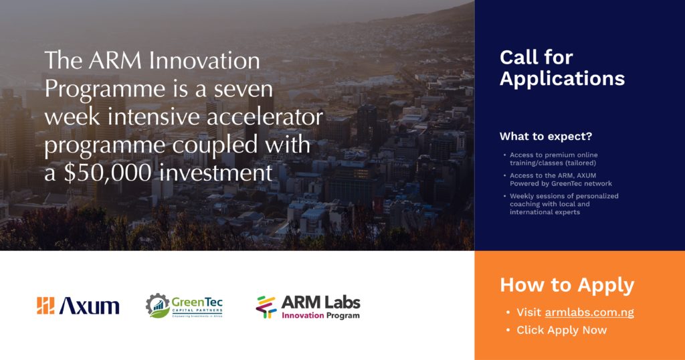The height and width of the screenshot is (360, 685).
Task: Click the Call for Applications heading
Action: pyautogui.click(x=562, y=68)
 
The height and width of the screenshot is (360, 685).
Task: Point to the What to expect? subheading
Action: pyautogui.click(x=546, y=137)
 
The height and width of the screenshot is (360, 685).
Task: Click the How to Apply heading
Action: pyautogui.click(x=567, y=285)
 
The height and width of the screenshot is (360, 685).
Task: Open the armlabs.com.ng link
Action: pyautogui.click(x=589, y=312)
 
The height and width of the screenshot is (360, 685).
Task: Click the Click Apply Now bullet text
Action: pyautogui.click(x=562, y=331)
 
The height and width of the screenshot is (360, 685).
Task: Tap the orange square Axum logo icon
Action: pyautogui.click(x=45, y=306)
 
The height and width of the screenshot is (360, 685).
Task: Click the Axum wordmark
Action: pyautogui.click(x=90, y=306)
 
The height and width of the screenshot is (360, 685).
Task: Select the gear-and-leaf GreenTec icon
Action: pyautogui.click(x=157, y=306)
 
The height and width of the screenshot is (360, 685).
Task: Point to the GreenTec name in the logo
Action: pyautogui.click(x=197, y=302)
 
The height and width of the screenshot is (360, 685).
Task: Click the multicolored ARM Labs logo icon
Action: pyautogui.click(x=266, y=307)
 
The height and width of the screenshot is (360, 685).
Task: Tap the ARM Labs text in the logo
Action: pyautogui.click(x=320, y=302)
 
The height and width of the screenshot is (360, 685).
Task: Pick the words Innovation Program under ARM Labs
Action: pyautogui.click(x=320, y=315)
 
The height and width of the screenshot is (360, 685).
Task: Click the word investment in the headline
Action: pyautogui.click(x=216, y=173)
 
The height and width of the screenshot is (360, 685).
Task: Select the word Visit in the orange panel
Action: pyautogui.click(x=529, y=312)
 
